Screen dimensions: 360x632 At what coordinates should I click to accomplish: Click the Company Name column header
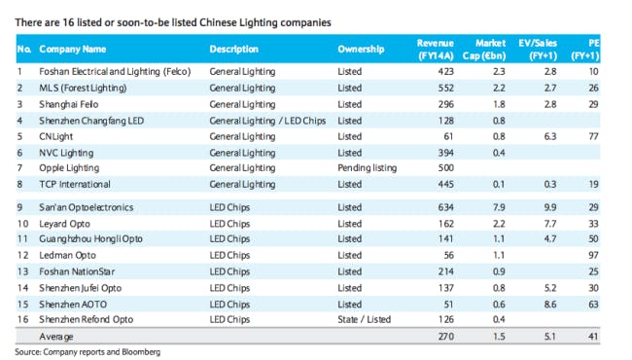(73, 49)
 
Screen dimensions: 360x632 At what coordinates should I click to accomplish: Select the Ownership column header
(361, 49)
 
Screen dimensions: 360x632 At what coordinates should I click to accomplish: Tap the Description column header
(234, 49)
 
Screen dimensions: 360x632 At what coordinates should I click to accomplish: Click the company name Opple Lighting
(69, 167)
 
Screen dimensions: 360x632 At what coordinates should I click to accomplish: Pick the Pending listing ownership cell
(368, 167)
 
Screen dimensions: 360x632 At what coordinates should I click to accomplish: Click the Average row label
(55, 336)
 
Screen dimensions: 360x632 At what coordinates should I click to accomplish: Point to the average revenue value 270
(446, 336)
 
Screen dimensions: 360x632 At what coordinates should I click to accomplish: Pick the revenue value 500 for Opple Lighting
(446, 167)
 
